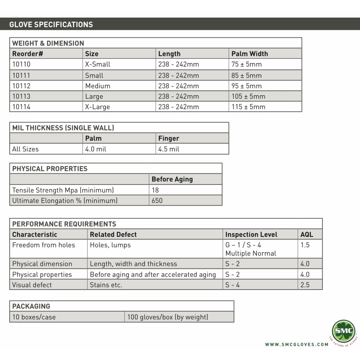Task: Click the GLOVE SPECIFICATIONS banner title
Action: (x=51, y=25)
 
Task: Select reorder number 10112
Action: (x=21, y=86)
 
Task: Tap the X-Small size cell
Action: (x=98, y=64)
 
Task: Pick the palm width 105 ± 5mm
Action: (x=248, y=96)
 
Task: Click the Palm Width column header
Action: (x=250, y=54)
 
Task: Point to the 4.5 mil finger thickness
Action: (x=169, y=149)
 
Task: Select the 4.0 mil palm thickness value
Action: (x=96, y=149)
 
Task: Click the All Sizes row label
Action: (x=25, y=149)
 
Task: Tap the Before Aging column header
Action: (x=172, y=179)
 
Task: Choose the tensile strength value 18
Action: (x=155, y=190)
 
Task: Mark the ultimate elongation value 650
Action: (x=157, y=201)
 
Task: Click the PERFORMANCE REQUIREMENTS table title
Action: (x=64, y=224)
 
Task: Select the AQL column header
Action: (x=307, y=234)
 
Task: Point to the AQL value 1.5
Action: (x=305, y=245)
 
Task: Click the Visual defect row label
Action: (x=32, y=285)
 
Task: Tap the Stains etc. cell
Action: (x=106, y=285)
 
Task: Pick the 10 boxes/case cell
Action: (x=34, y=317)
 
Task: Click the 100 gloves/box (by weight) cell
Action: (x=168, y=317)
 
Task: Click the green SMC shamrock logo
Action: (x=343, y=331)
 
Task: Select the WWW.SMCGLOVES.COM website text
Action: (x=297, y=345)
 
